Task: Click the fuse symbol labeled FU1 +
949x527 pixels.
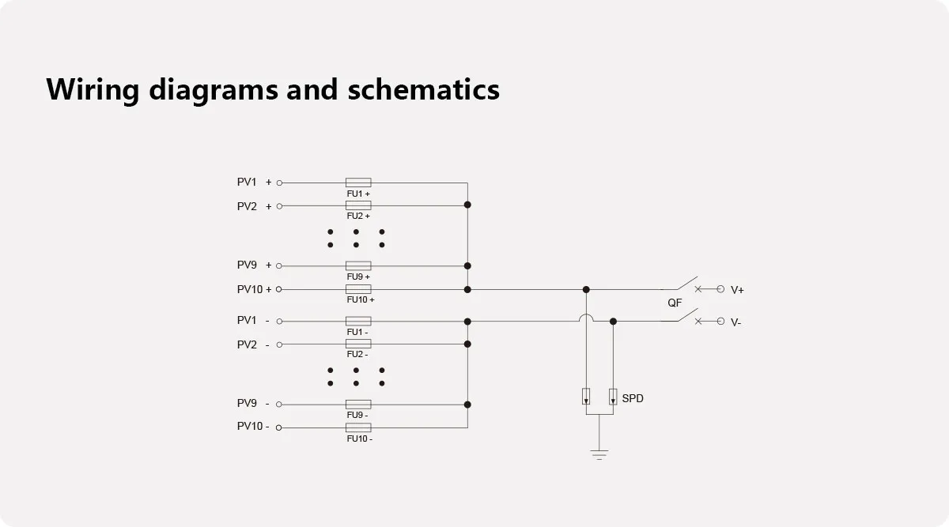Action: tap(358, 183)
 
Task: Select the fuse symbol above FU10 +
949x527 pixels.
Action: tap(358, 289)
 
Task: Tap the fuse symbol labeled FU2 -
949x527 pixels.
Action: tap(358, 344)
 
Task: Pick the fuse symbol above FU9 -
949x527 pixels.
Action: tap(358, 405)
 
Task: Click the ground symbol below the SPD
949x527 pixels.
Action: tap(599, 454)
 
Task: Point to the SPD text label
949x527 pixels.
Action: tap(633, 398)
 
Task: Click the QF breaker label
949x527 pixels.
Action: tap(675, 303)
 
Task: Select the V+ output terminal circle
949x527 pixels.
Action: tap(720, 289)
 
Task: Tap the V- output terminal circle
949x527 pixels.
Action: tap(720, 321)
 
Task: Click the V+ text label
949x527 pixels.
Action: tap(737, 290)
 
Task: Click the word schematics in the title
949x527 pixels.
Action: tap(423, 89)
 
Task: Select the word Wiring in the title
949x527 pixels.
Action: tap(92, 89)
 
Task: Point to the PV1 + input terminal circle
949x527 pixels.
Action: tap(279, 183)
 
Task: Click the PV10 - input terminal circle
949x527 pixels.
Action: tap(279, 427)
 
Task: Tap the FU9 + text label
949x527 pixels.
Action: tap(358, 277)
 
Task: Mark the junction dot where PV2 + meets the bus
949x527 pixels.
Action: tap(467, 205)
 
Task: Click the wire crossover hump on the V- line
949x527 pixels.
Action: tap(586, 318)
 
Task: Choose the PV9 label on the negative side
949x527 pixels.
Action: tap(248, 403)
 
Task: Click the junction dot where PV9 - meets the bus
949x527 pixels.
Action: tap(467, 405)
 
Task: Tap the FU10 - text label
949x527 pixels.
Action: tap(359, 439)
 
